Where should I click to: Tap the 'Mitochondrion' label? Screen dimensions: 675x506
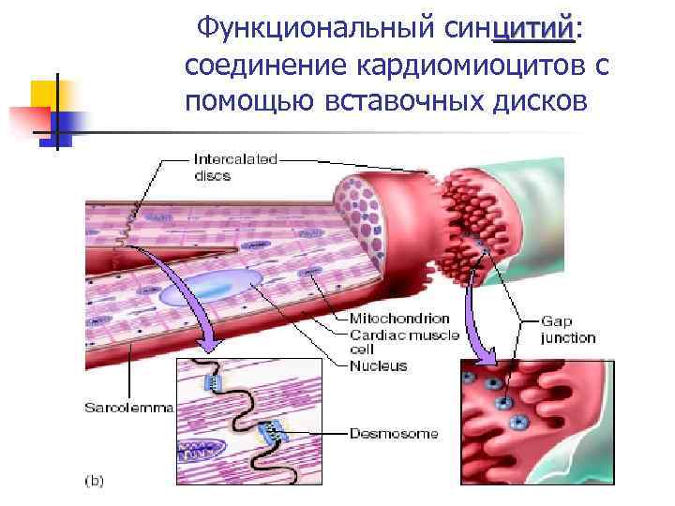tap(399, 319)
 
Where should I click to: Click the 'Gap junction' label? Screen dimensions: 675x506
tap(568, 329)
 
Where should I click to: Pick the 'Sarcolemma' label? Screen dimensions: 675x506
tap(129, 408)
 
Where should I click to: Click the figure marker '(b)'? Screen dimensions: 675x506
tap(95, 482)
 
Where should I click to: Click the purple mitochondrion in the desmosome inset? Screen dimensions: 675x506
tap(200, 453)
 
